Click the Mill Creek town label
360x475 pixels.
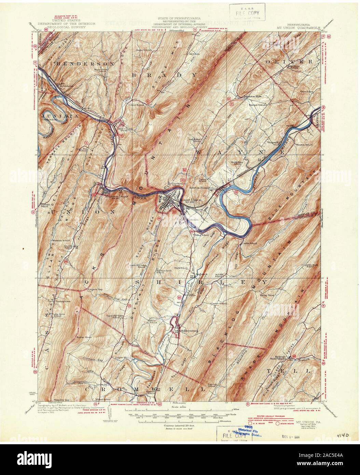click(x=122, y=129)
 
